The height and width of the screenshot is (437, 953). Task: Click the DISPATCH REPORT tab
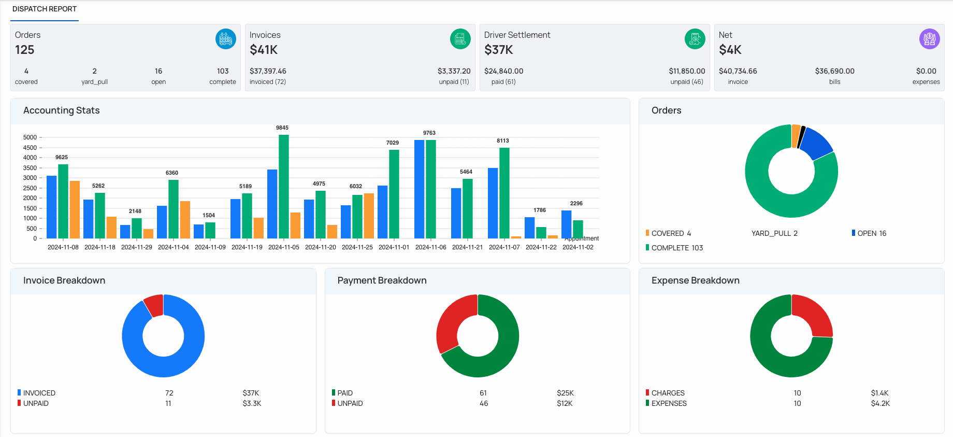click(x=45, y=9)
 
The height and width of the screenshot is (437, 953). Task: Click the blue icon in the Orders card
click(x=226, y=39)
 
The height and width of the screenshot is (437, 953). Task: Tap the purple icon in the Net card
click(x=929, y=39)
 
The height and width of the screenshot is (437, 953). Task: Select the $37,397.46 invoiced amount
click(x=268, y=71)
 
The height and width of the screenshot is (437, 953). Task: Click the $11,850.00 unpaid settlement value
click(x=687, y=71)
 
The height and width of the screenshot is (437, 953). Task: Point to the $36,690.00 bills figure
click(x=834, y=71)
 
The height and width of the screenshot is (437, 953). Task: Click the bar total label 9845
click(x=282, y=128)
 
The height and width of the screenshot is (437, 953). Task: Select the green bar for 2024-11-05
click(x=284, y=187)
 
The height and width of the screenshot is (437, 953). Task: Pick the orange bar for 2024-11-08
click(x=75, y=209)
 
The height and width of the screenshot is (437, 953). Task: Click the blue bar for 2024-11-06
click(x=420, y=189)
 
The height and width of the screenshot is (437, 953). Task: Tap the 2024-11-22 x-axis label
click(x=541, y=247)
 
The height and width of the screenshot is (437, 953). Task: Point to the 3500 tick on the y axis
click(x=30, y=168)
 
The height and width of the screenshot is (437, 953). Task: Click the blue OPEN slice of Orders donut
click(x=817, y=143)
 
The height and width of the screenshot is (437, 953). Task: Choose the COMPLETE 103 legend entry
click(x=676, y=248)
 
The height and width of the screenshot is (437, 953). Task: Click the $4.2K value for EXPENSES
click(x=880, y=403)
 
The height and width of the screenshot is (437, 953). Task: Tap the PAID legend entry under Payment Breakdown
click(x=344, y=393)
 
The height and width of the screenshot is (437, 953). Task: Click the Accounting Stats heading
click(x=61, y=110)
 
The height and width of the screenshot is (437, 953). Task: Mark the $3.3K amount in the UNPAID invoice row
click(x=252, y=403)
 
